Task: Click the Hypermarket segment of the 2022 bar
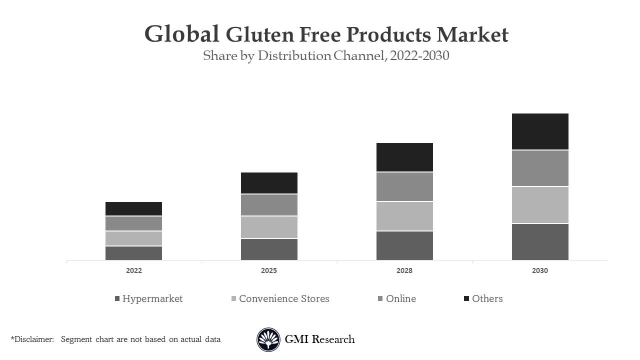[133, 253]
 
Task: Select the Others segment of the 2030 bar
[540, 131]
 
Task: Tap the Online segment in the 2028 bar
[404, 187]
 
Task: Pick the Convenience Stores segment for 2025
[269, 227]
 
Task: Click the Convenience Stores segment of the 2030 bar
[540, 205]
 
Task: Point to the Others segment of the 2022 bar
[133, 209]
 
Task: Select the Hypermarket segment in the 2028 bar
[404, 245]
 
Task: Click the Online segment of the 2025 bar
[269, 205]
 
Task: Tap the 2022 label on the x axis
[133, 270]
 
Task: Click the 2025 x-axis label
[269, 270]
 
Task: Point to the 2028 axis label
[404, 270]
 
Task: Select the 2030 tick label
[540, 270]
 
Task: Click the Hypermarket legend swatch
[117, 298]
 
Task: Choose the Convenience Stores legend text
[284, 298]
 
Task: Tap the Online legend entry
[400, 298]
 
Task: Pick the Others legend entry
[487, 298]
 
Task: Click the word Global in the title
[182, 34]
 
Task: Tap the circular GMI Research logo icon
[268, 340]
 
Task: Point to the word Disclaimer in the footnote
[34, 339]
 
